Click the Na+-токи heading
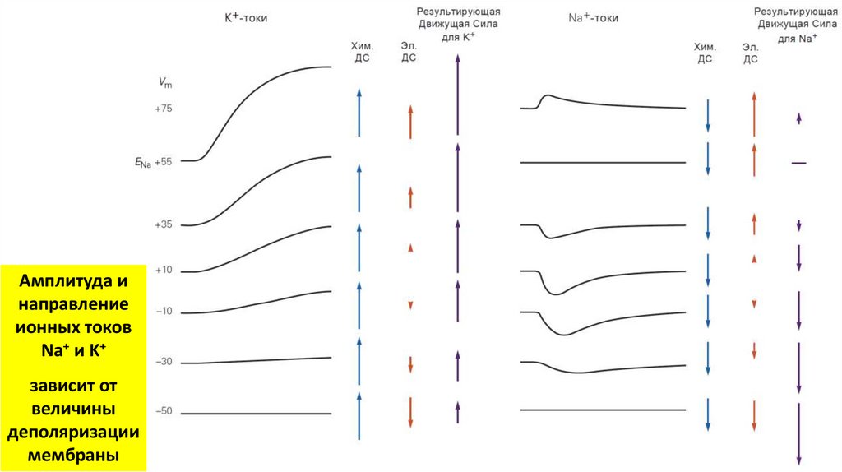[x=594, y=17]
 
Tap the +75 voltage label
[x=163, y=109]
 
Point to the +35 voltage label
[x=163, y=224]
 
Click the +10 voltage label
[x=163, y=271]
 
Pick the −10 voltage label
[x=163, y=312]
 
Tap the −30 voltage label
[x=163, y=362]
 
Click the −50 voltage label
[x=163, y=410]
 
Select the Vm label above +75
[x=165, y=83]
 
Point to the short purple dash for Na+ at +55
[x=798, y=163]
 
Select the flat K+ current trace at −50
[x=256, y=414]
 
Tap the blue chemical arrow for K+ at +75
[x=359, y=113]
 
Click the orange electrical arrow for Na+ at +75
[x=753, y=113]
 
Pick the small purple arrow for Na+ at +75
[x=798, y=118]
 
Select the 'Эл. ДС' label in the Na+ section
[x=750, y=53]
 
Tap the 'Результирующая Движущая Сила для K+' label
[x=458, y=25]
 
